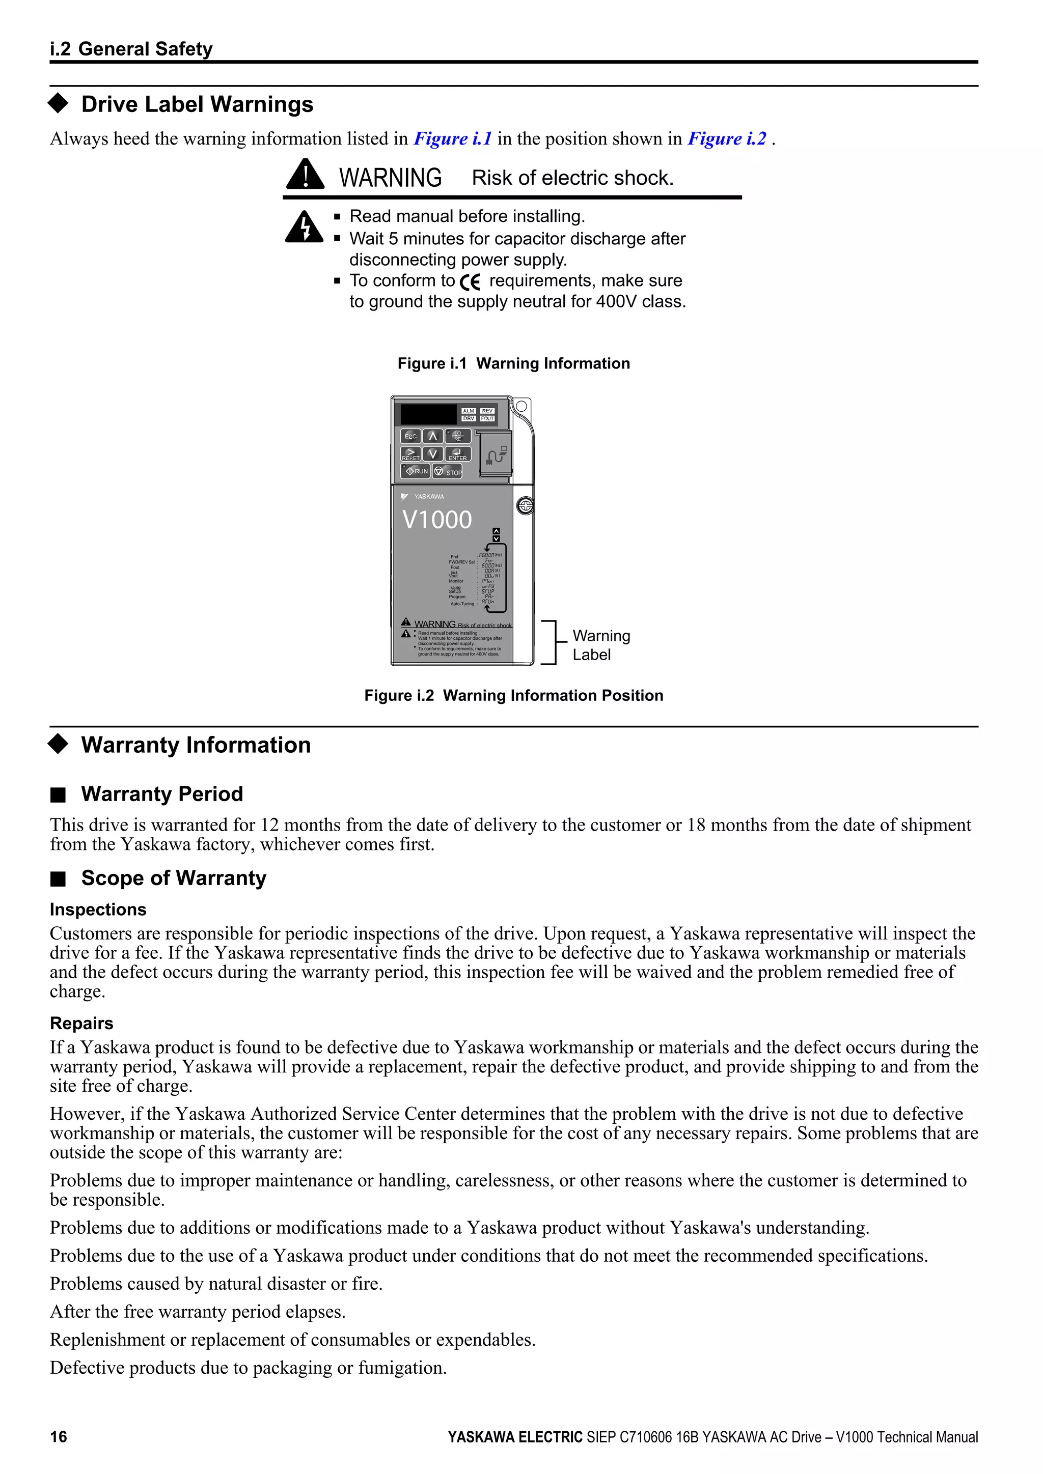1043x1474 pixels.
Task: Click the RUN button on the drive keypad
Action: [x=415, y=471]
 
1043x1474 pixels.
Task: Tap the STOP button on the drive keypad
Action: [x=448, y=472]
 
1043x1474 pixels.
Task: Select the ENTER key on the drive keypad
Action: [x=458, y=455]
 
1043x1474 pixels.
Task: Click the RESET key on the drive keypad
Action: [x=411, y=455]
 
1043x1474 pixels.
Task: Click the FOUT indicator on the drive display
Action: [x=487, y=418]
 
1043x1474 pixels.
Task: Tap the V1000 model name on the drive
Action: [x=437, y=519]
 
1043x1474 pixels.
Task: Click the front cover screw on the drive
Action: [x=526, y=506]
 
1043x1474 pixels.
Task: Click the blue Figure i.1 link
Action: [x=453, y=138]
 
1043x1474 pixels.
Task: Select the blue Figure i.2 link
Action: [x=727, y=138]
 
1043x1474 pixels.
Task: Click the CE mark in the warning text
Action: [x=471, y=282]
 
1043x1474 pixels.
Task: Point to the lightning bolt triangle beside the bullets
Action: [x=305, y=228]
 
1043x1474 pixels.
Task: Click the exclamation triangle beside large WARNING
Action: [x=305, y=175]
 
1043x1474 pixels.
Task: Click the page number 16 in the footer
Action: [x=59, y=1437]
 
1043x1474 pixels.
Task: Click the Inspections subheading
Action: [x=98, y=909]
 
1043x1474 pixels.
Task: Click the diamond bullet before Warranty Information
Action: [x=59, y=744]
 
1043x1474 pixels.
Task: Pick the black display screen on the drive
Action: [x=428, y=415]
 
